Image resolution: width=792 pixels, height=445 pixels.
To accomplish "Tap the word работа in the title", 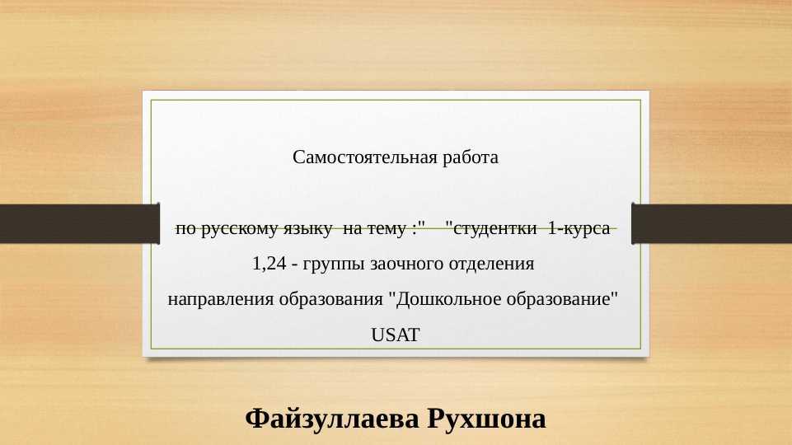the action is pyautogui.click(x=471, y=157).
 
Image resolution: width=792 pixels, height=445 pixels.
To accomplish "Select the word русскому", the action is pyautogui.click(x=240, y=229).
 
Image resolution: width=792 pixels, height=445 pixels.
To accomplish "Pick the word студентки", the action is pyautogui.click(x=495, y=228).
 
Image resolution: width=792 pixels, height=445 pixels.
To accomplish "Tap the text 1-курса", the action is pyautogui.click(x=579, y=228).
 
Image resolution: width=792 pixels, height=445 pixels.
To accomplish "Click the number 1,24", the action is pyautogui.click(x=269, y=264).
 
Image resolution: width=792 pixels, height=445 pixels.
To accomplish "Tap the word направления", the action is pyautogui.click(x=221, y=299).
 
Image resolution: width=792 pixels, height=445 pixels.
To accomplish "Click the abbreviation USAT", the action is pyautogui.click(x=396, y=335).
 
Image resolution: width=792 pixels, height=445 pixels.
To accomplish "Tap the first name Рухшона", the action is pyautogui.click(x=486, y=419).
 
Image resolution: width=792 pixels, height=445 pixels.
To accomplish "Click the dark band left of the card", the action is pyautogui.click(x=80, y=224).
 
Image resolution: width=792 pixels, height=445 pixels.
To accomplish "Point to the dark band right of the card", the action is pyautogui.click(x=712, y=224).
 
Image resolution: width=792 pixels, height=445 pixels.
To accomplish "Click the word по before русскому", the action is pyautogui.click(x=185, y=229).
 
